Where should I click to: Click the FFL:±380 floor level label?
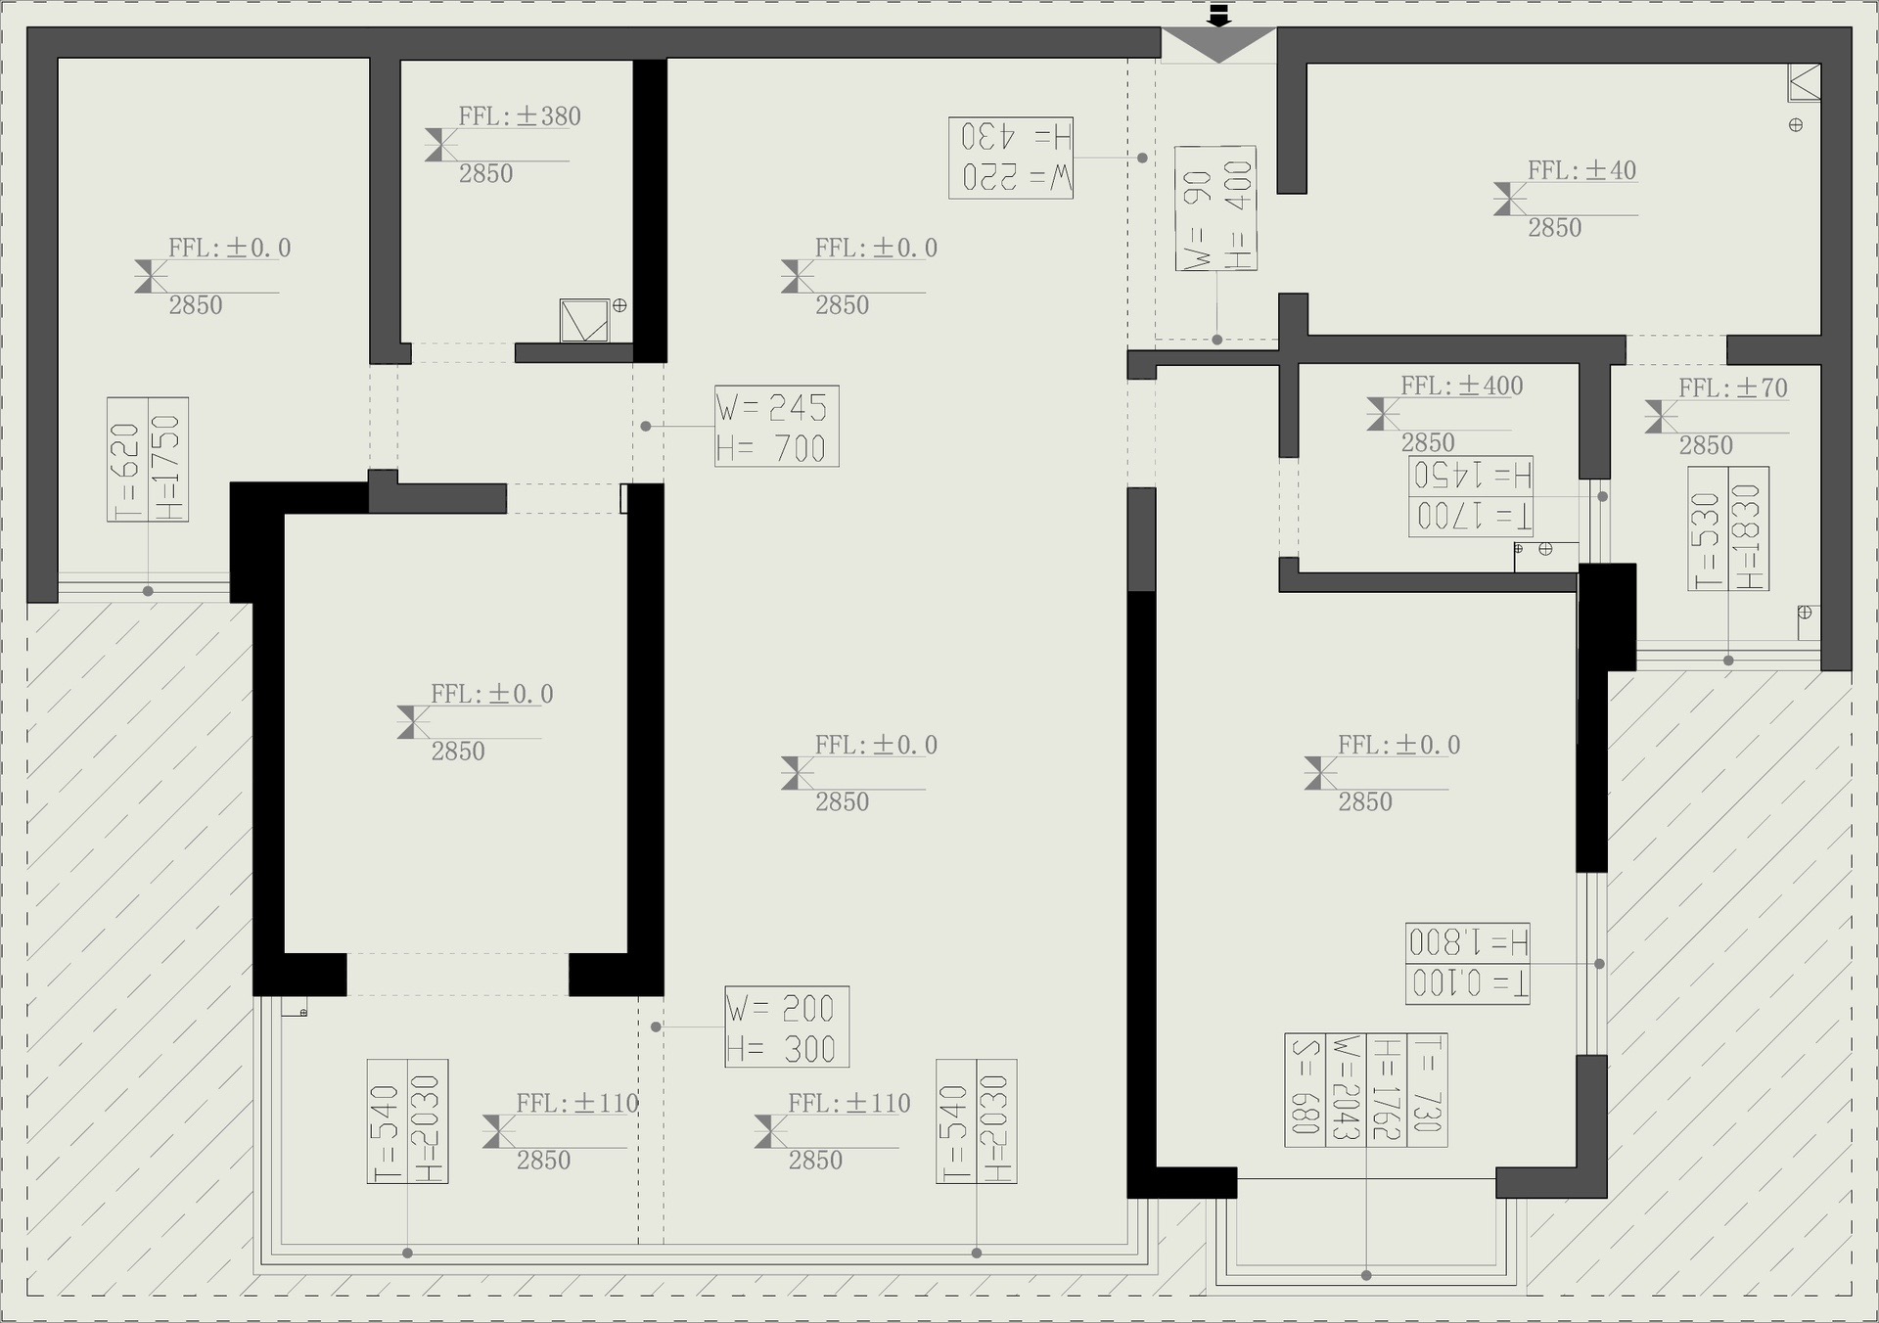tap(520, 116)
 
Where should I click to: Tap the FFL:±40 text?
tap(1581, 170)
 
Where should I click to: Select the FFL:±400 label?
tap(1461, 386)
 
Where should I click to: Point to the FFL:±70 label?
tap(1732, 388)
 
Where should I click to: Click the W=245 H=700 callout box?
tap(777, 427)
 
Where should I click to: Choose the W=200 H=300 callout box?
tap(787, 1027)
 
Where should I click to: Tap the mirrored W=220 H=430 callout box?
tap(1011, 159)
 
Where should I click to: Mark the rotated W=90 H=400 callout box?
tap(1215, 208)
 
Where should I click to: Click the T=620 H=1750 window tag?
tap(148, 460)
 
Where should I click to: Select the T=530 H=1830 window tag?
tap(1728, 529)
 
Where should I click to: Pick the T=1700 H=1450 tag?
tap(1471, 496)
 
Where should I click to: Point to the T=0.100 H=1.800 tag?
tap(1468, 964)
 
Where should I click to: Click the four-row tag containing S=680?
tap(1366, 1090)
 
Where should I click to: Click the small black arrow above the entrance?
tap(1218, 15)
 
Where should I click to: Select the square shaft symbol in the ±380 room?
tap(584, 321)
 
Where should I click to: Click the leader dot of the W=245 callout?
tap(646, 427)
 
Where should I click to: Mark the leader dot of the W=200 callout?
tap(656, 1027)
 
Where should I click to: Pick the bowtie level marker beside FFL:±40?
tap(1510, 200)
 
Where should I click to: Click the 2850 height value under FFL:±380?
tap(486, 174)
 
